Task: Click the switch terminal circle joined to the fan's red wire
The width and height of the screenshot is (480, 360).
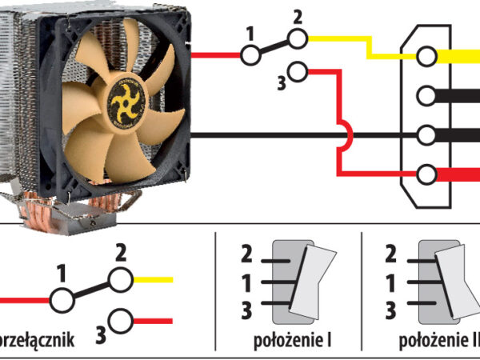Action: click(251, 55)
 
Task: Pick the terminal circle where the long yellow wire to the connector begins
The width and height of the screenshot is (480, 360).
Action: click(298, 38)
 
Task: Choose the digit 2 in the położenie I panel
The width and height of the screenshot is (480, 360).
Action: click(246, 255)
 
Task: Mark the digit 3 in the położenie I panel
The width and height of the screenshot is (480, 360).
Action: click(246, 310)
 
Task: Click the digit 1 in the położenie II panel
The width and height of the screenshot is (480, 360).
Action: click(390, 282)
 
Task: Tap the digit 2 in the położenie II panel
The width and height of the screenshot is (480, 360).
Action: click(390, 255)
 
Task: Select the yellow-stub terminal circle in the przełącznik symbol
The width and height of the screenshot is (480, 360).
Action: click(120, 280)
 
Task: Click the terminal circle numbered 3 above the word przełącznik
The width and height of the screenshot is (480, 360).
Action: click(121, 321)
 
